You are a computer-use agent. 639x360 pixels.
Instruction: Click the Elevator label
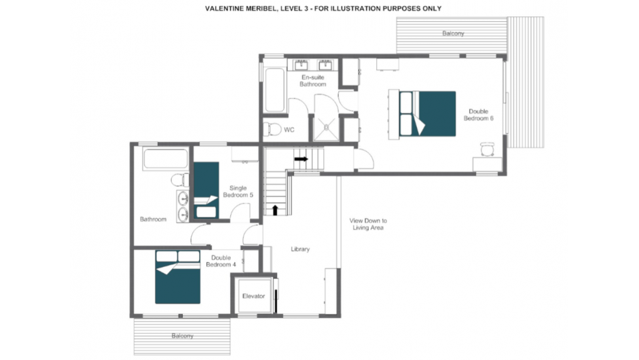tap(253, 296)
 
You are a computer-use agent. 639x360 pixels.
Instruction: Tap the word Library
tap(300, 249)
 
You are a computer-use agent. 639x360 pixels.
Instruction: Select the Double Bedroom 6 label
tap(479, 115)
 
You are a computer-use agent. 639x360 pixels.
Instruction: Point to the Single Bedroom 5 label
tap(238, 192)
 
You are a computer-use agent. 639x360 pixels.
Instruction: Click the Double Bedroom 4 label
tap(221, 261)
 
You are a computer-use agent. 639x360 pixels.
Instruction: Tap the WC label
tap(289, 130)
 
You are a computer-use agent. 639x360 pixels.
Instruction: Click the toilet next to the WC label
tap(272, 130)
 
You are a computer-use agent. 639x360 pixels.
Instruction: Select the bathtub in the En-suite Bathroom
tap(274, 90)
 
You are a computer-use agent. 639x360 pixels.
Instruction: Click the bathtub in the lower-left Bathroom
tap(166, 158)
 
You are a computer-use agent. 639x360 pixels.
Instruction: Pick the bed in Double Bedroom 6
tap(427, 113)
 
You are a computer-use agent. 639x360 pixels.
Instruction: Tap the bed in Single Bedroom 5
tap(206, 190)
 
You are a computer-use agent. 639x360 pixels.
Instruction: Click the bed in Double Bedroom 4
tap(178, 277)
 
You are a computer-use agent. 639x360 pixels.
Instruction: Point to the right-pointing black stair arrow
tap(301, 159)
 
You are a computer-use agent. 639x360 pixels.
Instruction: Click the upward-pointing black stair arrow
tap(275, 210)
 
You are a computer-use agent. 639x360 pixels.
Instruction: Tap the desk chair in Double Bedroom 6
tap(488, 149)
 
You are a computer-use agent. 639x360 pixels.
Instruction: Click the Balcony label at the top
tap(453, 33)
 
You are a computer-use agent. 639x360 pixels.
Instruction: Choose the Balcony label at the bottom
tap(182, 336)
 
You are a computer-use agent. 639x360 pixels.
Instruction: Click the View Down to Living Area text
tap(368, 224)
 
